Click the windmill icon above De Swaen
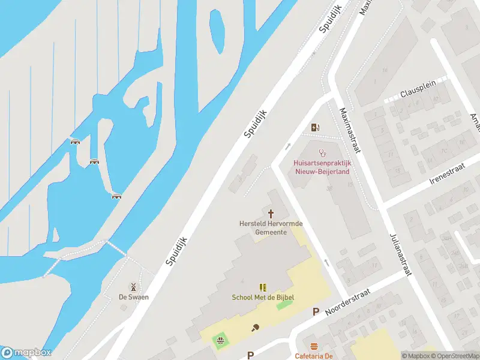point(133,287)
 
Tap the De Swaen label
point(133,297)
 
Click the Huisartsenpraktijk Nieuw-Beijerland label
point(322,167)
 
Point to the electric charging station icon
point(315,127)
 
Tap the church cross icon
point(271,213)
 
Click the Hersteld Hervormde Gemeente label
point(271,227)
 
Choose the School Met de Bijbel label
point(263,298)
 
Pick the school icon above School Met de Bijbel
point(263,287)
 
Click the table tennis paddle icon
point(256,328)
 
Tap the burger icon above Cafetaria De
point(314,346)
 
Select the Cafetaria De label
point(314,356)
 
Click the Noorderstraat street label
point(348,302)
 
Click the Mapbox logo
point(26,353)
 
